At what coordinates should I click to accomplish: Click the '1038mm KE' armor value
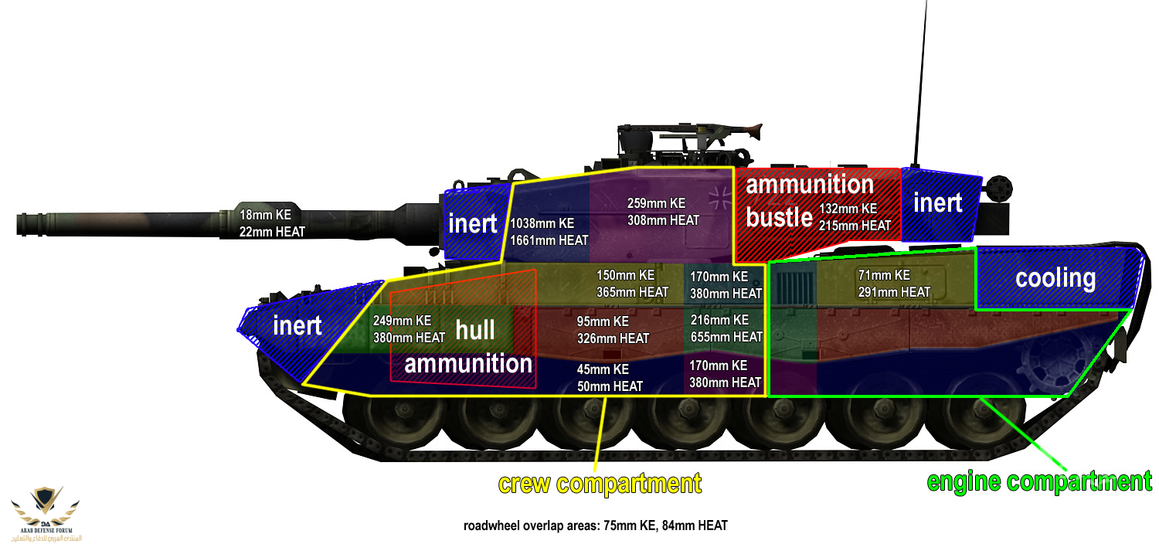click(542, 223)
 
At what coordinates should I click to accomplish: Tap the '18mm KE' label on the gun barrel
click(265, 215)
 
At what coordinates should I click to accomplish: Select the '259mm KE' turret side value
click(656, 203)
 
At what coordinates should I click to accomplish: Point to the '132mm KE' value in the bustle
click(848, 209)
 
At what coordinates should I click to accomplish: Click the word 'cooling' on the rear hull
click(1055, 278)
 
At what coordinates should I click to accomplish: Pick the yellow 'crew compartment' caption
click(600, 484)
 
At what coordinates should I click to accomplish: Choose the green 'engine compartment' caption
click(1039, 481)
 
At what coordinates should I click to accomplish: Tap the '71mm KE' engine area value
click(884, 275)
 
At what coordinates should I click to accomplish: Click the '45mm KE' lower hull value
click(603, 369)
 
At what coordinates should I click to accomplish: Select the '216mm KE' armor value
click(719, 320)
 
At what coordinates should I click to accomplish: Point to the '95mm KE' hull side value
click(603, 321)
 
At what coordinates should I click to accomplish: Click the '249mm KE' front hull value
click(402, 321)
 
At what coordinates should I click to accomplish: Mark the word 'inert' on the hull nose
click(297, 325)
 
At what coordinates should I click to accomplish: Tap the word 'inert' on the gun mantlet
click(472, 223)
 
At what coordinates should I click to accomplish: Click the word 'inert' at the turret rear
click(937, 202)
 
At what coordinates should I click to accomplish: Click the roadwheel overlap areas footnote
click(596, 526)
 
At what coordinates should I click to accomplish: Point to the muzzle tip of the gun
click(19, 225)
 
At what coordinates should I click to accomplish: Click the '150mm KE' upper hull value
click(626, 275)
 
